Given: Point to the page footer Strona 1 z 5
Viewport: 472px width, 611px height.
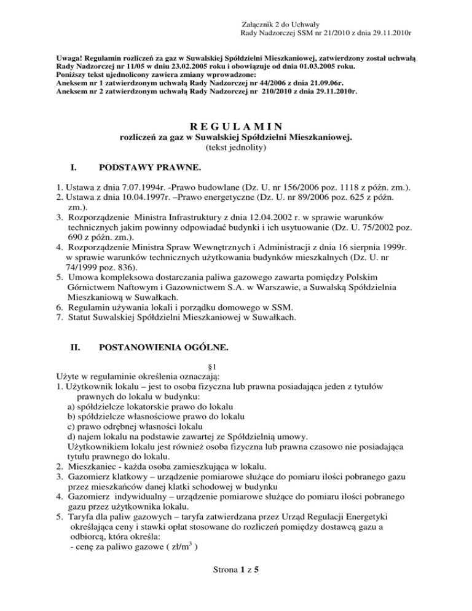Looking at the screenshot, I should click(235, 586).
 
